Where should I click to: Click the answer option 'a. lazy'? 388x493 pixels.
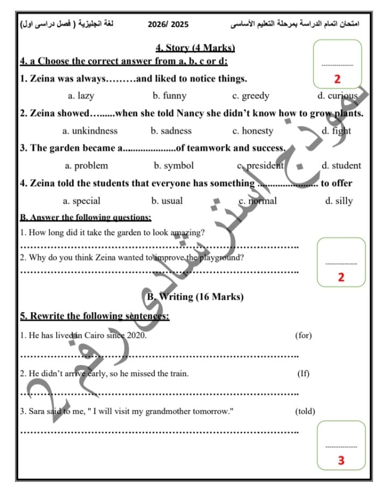(x=81, y=96)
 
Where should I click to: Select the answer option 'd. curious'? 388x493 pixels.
(x=337, y=96)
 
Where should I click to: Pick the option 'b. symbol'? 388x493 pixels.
(x=174, y=166)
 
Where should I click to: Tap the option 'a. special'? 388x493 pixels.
(x=81, y=201)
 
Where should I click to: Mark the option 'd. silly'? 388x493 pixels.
(x=339, y=201)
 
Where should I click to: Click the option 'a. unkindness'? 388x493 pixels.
(x=89, y=131)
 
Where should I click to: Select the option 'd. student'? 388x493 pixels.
(x=341, y=166)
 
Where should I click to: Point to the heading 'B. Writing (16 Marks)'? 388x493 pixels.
(x=195, y=297)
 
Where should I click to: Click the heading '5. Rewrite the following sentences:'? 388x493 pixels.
(x=95, y=316)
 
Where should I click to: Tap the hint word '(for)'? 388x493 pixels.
(x=303, y=335)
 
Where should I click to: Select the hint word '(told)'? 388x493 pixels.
(x=305, y=412)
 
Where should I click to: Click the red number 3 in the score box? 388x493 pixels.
(x=341, y=461)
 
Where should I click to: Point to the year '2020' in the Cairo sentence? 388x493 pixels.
(x=136, y=335)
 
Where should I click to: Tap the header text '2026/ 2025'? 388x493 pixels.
(x=168, y=25)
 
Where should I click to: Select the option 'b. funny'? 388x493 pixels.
(x=169, y=96)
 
